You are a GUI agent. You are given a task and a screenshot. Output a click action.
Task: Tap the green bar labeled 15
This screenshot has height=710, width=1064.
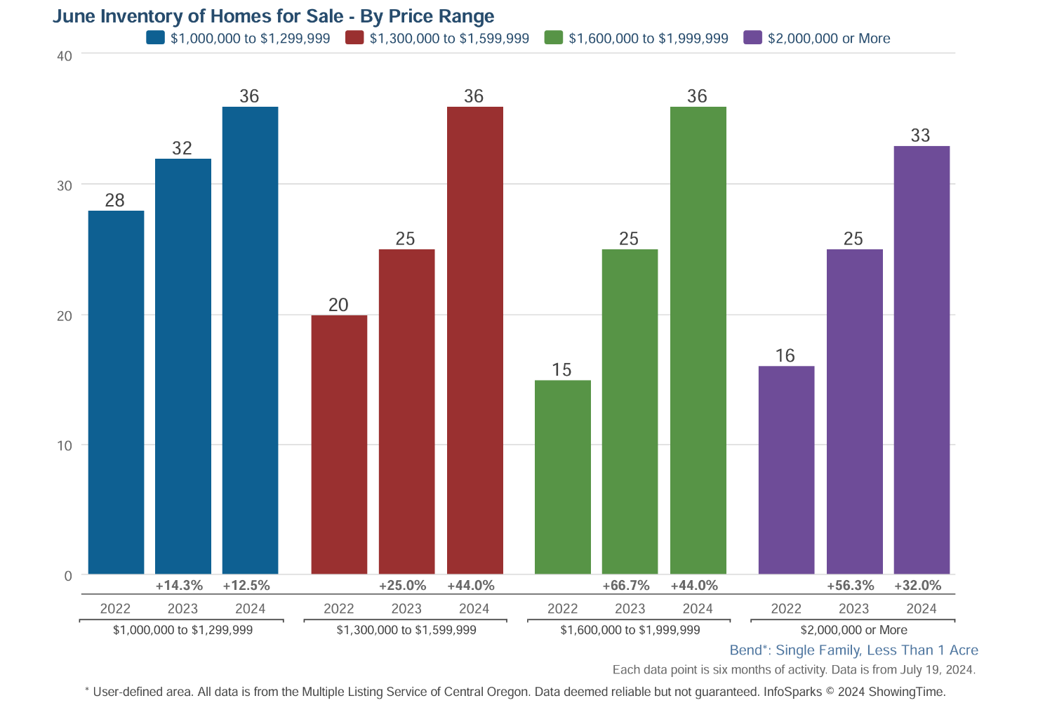(x=562, y=477)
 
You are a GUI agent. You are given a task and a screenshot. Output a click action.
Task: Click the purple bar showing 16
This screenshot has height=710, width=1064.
(x=786, y=470)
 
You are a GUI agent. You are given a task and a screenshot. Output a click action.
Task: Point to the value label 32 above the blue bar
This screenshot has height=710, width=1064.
(x=182, y=148)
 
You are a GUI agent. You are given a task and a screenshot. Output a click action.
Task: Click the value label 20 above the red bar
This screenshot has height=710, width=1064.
(x=338, y=305)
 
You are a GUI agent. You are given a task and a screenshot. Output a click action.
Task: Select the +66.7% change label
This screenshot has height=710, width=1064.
(x=626, y=586)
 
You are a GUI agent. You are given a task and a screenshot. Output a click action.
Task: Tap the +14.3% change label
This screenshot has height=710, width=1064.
(x=179, y=586)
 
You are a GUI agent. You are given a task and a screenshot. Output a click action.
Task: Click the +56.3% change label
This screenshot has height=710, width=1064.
(x=850, y=586)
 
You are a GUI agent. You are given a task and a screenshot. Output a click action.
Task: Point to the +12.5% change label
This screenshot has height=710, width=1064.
(x=246, y=586)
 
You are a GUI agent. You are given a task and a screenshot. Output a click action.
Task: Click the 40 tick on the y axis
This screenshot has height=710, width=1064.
(x=65, y=56)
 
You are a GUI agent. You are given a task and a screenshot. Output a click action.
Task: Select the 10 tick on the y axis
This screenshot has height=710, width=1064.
(x=65, y=446)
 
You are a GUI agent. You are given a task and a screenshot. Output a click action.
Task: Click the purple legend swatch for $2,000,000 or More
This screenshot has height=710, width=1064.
(x=752, y=38)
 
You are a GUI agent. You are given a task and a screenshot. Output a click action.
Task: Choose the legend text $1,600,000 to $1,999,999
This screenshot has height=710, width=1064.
(x=649, y=39)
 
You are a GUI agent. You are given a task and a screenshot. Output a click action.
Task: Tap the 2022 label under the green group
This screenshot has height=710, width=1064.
(x=562, y=609)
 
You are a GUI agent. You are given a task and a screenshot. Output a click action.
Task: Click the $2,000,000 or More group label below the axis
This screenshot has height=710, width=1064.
(x=853, y=630)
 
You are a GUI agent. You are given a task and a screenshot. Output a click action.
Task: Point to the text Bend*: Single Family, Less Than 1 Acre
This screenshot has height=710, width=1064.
(x=853, y=650)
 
